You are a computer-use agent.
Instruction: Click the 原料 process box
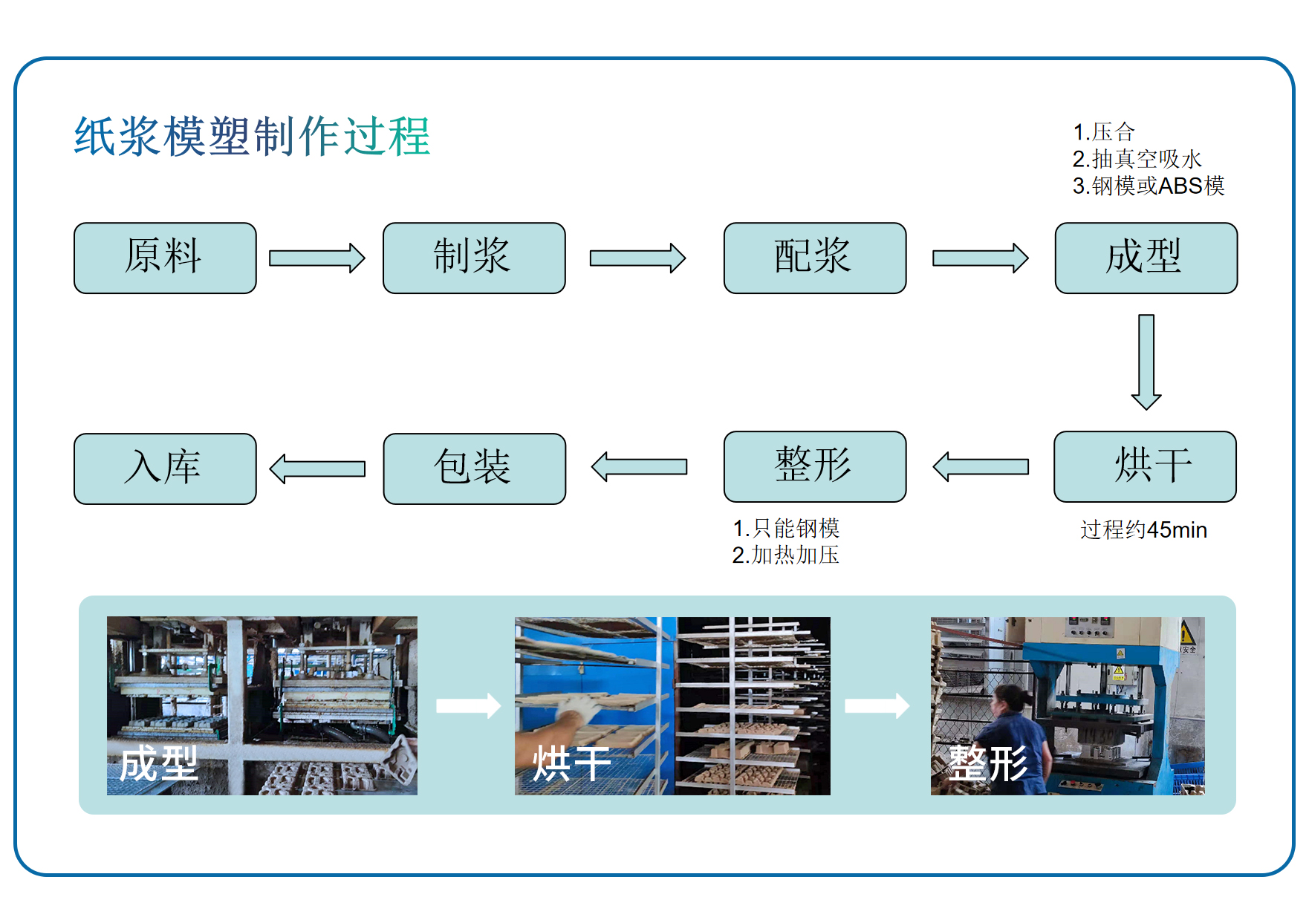pos(165,258)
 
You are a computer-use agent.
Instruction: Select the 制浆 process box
pos(474,258)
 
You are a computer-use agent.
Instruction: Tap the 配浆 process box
pos(815,258)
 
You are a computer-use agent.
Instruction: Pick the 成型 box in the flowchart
pos(1146,258)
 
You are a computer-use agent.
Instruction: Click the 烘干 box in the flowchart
pos(1145,466)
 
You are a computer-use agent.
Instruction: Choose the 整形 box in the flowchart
pos(815,466)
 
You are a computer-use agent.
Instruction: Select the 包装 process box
pos(474,469)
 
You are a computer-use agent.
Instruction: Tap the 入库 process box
pos(165,469)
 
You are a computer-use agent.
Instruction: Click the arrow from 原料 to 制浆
pos(317,258)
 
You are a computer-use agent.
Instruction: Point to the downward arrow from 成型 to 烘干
pos(1146,362)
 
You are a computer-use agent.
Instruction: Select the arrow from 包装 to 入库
pos(317,469)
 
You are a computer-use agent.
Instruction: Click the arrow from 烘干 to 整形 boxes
pos(981,467)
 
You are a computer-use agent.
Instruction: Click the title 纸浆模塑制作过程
pos(252,137)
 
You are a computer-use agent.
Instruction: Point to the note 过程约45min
pos(1143,530)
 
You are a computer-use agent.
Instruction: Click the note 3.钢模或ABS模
pos(1148,186)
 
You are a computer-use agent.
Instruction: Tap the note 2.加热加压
pos(785,555)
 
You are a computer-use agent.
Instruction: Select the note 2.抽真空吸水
pos(1137,159)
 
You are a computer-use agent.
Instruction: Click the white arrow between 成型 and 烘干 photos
pos(467,705)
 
